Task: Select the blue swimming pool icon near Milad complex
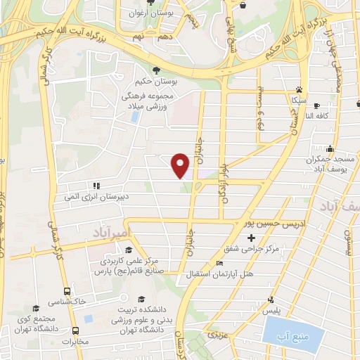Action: click(x=134, y=117)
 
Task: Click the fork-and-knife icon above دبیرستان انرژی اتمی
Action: click(x=95, y=186)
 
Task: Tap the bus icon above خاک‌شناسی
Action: click(x=67, y=290)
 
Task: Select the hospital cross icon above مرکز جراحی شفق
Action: click(x=250, y=238)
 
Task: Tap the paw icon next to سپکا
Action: click(x=299, y=89)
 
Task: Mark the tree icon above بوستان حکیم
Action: click(x=155, y=70)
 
